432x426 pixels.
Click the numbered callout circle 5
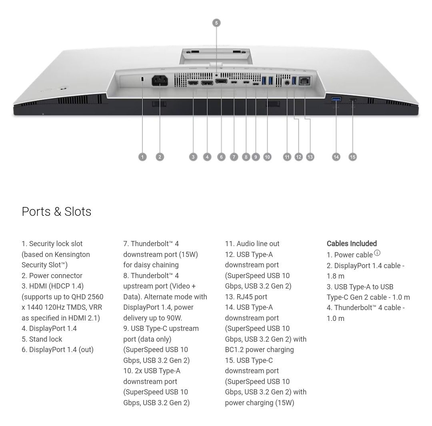(216, 23)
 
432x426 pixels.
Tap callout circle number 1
(142, 157)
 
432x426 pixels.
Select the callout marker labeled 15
(353, 157)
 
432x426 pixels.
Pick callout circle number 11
(287, 157)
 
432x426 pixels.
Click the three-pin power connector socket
(160, 81)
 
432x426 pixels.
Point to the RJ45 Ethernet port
(304, 81)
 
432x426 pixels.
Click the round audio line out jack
(287, 82)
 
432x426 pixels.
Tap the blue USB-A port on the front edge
(336, 99)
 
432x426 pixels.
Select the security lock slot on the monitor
(142, 79)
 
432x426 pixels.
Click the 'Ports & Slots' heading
(56, 211)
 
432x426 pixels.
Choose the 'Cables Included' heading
(352, 243)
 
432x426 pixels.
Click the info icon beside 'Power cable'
(377, 253)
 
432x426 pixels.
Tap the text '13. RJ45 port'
(246, 297)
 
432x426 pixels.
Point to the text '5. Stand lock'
(42, 339)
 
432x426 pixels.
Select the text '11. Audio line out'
(252, 243)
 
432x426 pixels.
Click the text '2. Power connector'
(52, 275)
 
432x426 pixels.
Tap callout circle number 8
(246, 157)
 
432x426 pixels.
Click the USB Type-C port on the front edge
(353, 100)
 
